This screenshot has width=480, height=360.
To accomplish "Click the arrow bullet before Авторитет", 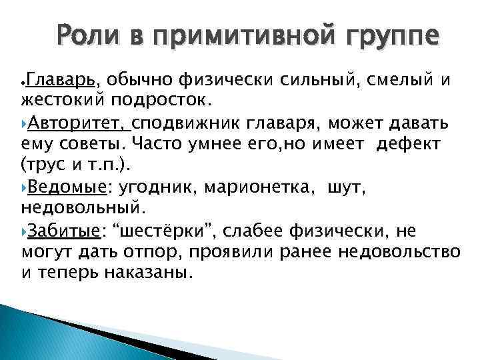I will click(x=25, y=124).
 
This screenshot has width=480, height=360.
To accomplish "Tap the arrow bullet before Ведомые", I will click(x=25, y=189).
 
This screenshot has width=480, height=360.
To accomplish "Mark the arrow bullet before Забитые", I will click(x=25, y=231).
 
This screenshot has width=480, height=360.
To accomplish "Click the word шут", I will click(x=343, y=189).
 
